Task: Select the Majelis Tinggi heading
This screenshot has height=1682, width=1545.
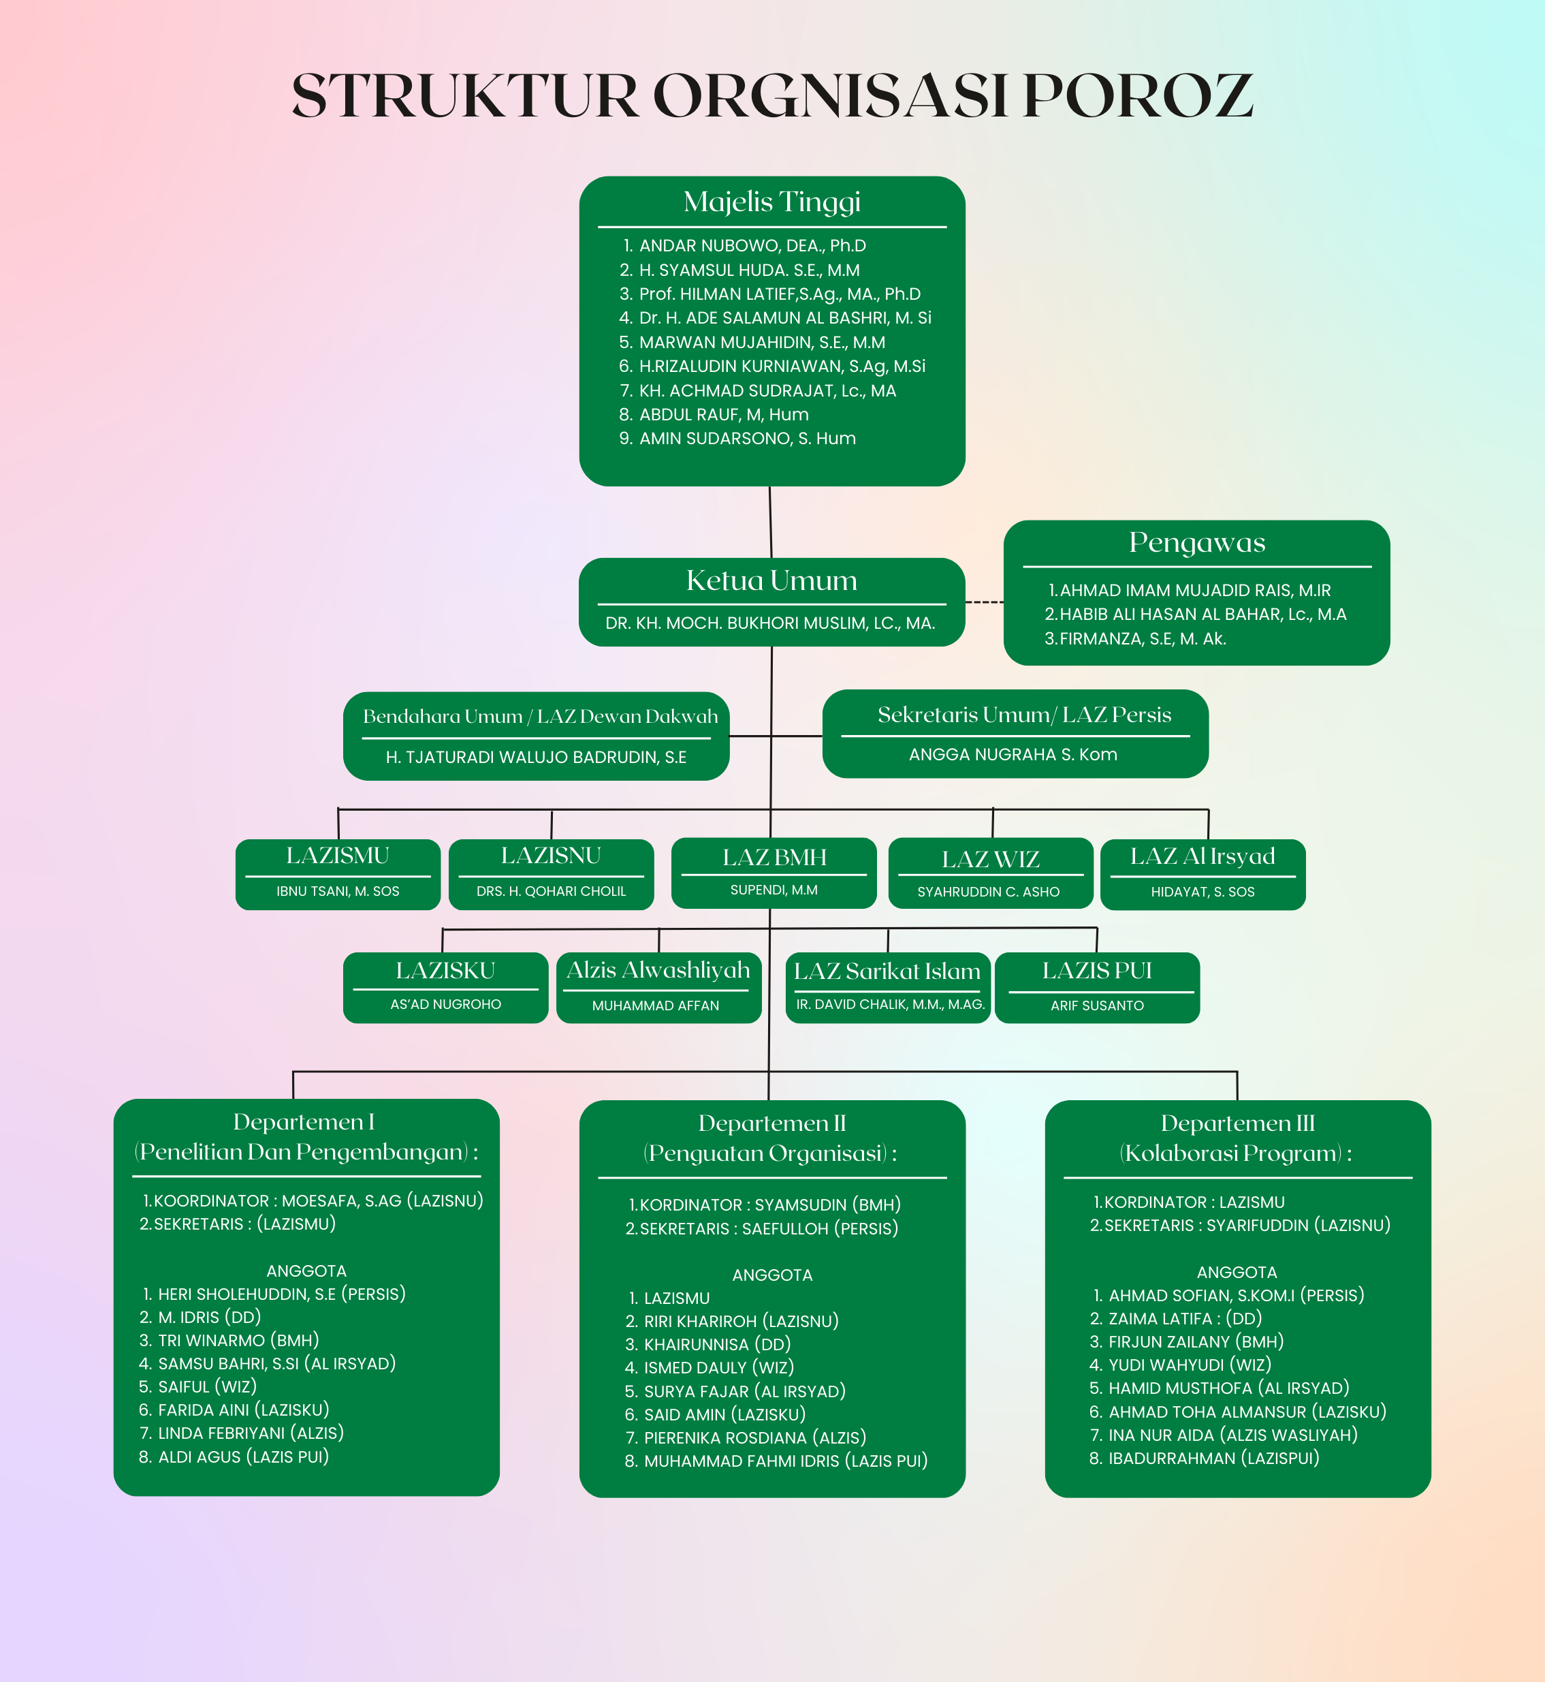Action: click(x=771, y=202)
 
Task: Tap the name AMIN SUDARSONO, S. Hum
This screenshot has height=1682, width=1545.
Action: click(x=748, y=438)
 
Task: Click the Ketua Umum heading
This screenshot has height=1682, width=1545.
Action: click(x=771, y=580)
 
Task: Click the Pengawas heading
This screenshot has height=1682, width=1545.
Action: click(x=1196, y=543)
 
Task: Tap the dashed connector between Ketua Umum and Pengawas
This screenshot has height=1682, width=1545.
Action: click(x=984, y=602)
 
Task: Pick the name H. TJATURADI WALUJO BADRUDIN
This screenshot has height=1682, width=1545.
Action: click(x=536, y=757)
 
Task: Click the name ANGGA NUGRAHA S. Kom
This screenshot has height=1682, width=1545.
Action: click(x=1013, y=754)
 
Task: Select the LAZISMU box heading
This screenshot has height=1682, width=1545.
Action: click(x=337, y=856)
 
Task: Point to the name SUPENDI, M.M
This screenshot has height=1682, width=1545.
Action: click(x=774, y=890)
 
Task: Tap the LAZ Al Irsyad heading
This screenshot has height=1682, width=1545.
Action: click(x=1202, y=856)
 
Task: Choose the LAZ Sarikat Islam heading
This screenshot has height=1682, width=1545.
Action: click(x=887, y=971)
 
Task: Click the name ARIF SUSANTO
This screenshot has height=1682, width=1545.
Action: click(x=1097, y=1006)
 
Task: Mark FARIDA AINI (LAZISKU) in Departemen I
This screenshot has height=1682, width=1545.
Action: click(x=243, y=1410)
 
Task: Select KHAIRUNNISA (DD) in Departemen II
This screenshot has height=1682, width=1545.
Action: click(x=717, y=1345)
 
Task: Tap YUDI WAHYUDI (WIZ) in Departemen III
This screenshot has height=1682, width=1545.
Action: click(x=1190, y=1365)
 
